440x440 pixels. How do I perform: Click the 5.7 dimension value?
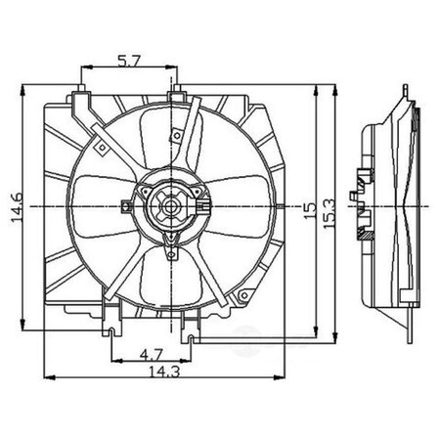pyautogui.click(x=127, y=59)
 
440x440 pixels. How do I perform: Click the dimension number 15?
pyautogui.click(x=310, y=207)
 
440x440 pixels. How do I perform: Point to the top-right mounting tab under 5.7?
pyautogui.click(x=176, y=94)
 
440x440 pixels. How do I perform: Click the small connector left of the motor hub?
pyautogui.click(x=125, y=206)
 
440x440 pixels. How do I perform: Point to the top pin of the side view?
pyautogui.click(x=402, y=91)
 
